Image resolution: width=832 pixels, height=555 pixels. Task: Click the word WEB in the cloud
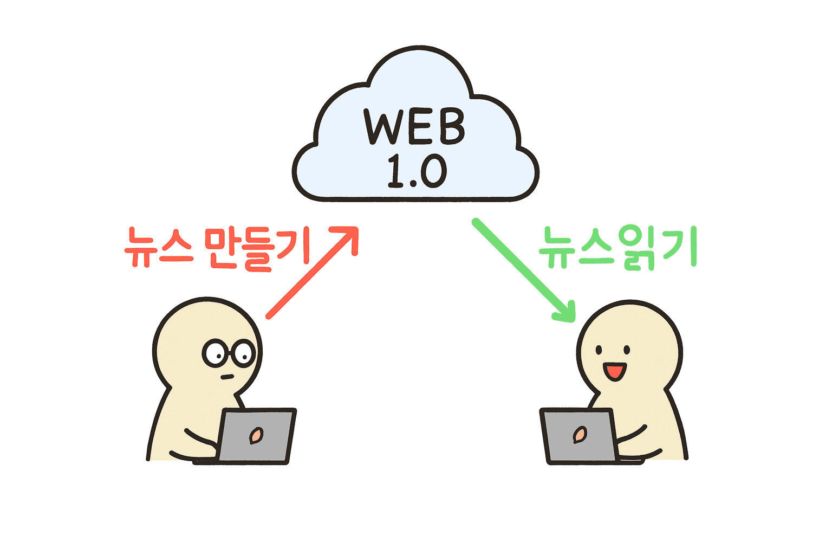click(x=414, y=127)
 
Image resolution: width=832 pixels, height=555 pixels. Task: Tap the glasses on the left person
click(x=229, y=353)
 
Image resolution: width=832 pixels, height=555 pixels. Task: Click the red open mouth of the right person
click(x=615, y=371)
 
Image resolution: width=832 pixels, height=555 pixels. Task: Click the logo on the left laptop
click(x=256, y=435)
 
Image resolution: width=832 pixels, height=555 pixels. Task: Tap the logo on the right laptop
click(x=580, y=434)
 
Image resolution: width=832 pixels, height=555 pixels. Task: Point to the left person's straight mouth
click(x=227, y=377)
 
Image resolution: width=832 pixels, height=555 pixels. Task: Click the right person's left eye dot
click(x=599, y=350)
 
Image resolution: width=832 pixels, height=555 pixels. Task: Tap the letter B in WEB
click(x=452, y=127)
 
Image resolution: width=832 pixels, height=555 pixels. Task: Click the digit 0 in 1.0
click(x=433, y=172)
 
